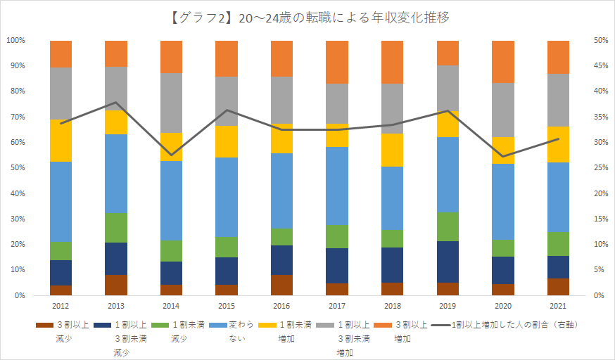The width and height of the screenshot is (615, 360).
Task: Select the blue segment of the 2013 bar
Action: pyautogui.click(x=116, y=174)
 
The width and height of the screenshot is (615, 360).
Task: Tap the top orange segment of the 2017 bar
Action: pyautogui.click(x=336, y=62)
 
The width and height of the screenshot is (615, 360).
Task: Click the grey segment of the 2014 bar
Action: pyautogui.click(x=171, y=103)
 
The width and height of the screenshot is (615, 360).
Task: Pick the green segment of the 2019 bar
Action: pyautogui.click(x=448, y=226)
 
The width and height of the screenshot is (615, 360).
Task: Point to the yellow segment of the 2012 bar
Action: pyautogui.click(x=61, y=141)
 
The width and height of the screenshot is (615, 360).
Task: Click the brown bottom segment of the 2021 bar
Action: pyautogui.click(x=558, y=287)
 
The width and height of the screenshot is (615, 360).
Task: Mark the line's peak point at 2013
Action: pyautogui.click(x=116, y=103)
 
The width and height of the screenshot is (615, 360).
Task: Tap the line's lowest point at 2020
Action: pyautogui.click(x=502, y=156)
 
